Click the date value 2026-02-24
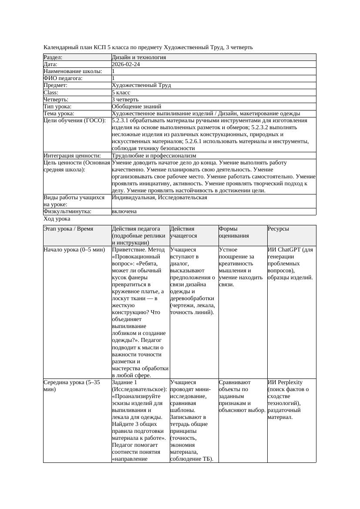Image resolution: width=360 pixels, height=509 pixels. [x=126, y=64]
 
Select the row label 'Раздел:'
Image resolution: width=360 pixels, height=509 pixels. [x=53, y=57]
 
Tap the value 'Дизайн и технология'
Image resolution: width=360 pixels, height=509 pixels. [x=138, y=57]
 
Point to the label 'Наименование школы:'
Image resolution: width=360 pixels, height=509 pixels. [x=73, y=71]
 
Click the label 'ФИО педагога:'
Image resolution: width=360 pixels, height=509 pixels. [x=63, y=78]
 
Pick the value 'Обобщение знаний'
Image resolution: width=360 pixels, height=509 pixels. [x=136, y=107]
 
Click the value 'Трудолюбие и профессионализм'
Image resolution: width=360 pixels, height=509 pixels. [x=154, y=156]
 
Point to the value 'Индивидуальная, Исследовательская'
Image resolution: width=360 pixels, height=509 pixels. [x=159, y=198]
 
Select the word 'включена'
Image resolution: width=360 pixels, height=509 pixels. [x=124, y=211]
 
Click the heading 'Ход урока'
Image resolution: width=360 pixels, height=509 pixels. [x=57, y=219]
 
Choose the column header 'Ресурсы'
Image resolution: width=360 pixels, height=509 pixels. [x=278, y=229]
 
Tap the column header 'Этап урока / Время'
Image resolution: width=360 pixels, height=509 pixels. [x=68, y=229]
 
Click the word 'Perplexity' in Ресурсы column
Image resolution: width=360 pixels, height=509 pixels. [x=289, y=382]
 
